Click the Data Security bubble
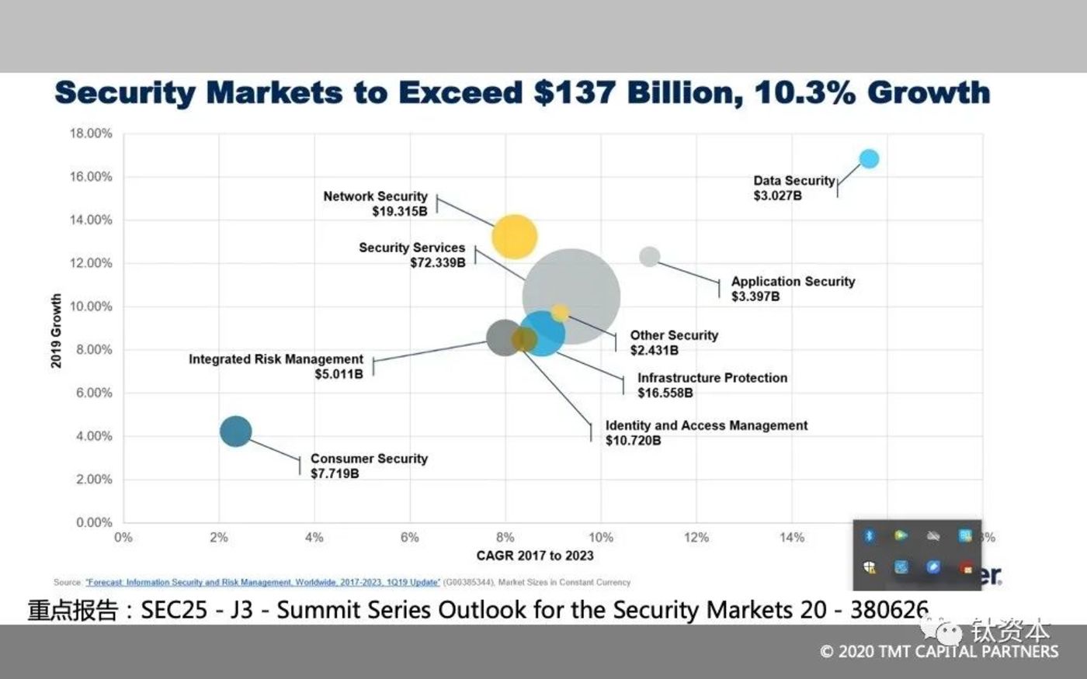(869, 158)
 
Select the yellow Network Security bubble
(514, 237)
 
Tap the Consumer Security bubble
(235, 431)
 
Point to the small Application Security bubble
(650, 256)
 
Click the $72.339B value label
(438, 263)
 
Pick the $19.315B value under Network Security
(400, 211)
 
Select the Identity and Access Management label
(706, 425)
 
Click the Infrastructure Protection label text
(712, 378)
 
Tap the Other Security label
(674, 335)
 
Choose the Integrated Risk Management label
(276, 359)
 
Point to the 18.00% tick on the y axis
(91, 133)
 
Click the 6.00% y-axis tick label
(94, 393)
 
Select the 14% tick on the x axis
(791, 537)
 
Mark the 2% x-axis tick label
(218, 537)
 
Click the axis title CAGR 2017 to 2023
(534, 556)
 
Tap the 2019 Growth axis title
(56, 331)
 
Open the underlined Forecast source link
(262, 582)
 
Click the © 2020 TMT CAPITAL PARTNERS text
(939, 652)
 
